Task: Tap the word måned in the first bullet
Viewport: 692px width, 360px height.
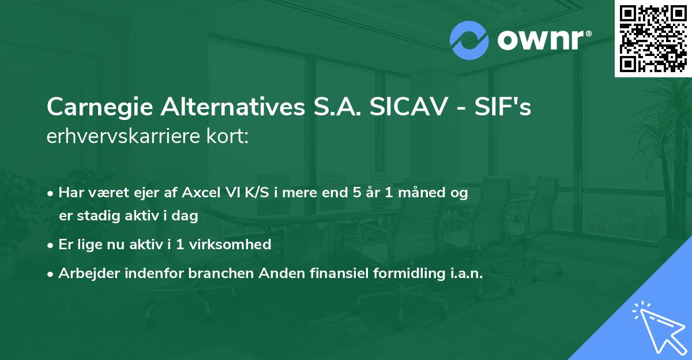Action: click(417, 193)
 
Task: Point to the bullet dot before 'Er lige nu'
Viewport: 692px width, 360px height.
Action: click(51, 245)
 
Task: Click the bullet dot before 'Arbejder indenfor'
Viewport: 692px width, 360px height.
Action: click(51, 275)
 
